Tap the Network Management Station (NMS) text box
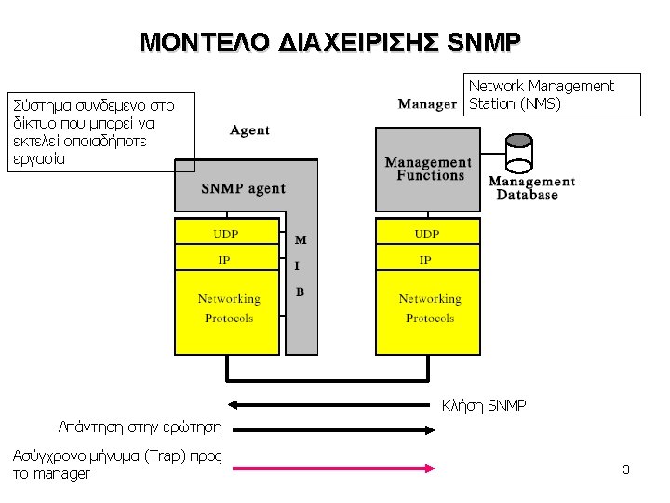[552, 94]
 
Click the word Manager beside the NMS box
[427, 103]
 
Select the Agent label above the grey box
[249, 130]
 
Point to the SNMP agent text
[244, 188]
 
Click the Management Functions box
[428, 169]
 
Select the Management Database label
[531, 188]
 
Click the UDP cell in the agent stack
[226, 233]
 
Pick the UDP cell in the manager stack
[427, 233]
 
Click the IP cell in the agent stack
[225, 260]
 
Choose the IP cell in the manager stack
[426, 260]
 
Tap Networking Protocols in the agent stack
[228, 308]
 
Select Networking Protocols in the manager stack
[429, 308]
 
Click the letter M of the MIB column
[301, 240]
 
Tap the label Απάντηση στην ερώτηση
[140, 428]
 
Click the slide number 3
[626, 469]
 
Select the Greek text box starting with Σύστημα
[101, 131]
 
